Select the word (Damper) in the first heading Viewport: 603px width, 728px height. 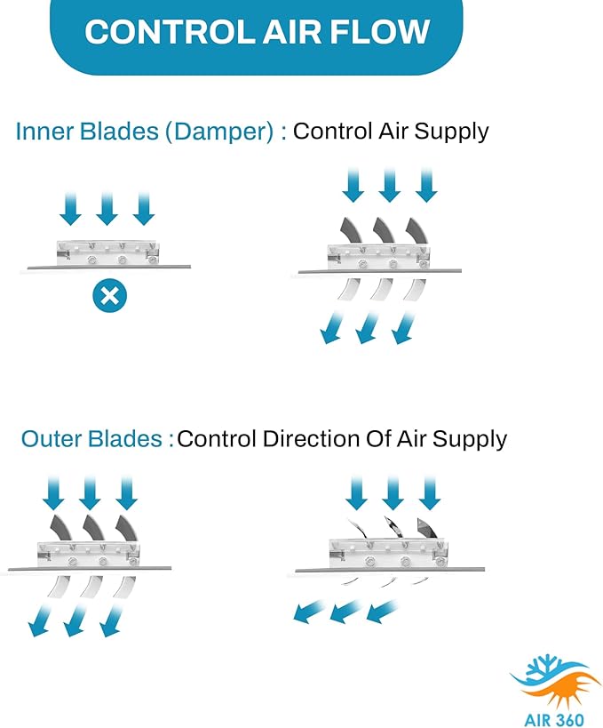coord(220,132)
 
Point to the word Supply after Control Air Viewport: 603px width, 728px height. coord(451,132)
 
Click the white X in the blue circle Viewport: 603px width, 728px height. coord(109,296)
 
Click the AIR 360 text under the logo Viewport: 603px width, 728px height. coord(553,719)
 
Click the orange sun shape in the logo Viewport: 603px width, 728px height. coord(564,688)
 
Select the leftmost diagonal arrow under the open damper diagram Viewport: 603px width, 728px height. coord(332,328)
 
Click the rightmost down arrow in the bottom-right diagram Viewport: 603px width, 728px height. coord(429,493)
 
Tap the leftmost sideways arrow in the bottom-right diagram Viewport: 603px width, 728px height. coord(309,611)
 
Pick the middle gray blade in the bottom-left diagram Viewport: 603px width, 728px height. coord(95,527)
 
